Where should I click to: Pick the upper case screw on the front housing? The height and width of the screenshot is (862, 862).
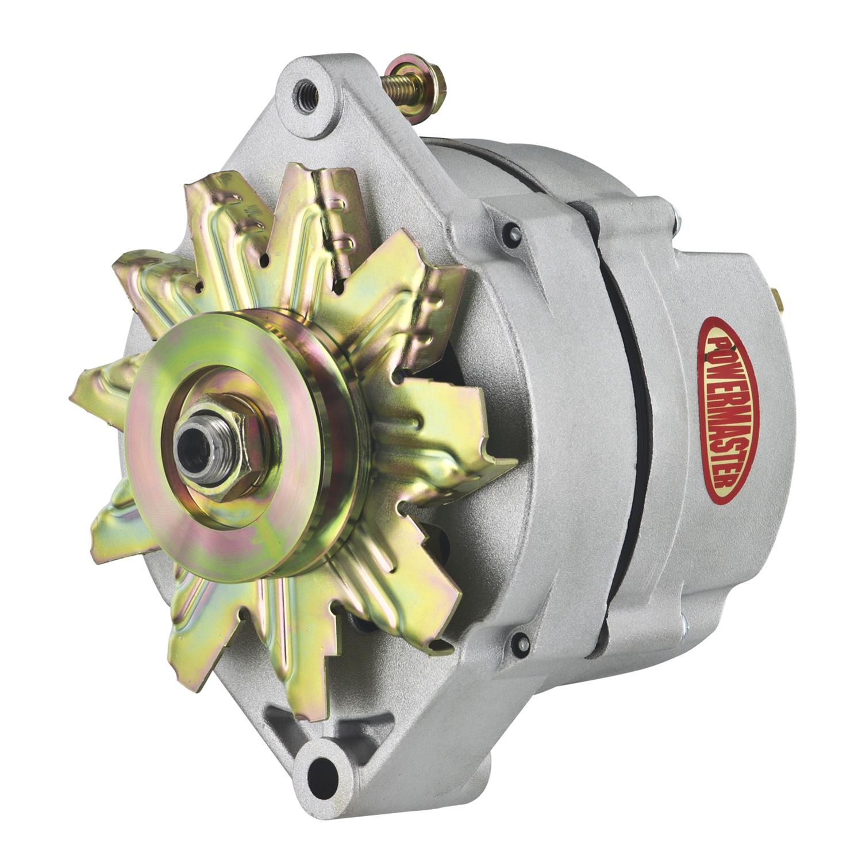pos(513,232)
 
